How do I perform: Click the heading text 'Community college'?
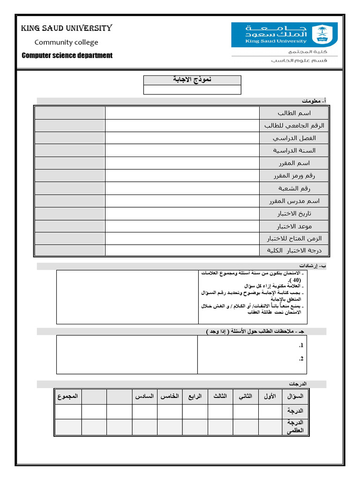[66, 42]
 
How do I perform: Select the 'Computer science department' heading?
[67, 55]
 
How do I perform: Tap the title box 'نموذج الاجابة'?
[192, 80]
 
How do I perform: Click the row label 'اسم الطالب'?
[294, 113]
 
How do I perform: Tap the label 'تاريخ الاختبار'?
[294, 214]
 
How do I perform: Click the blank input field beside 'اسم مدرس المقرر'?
[182, 201]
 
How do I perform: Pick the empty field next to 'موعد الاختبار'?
[182, 226]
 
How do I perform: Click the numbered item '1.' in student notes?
[301, 345]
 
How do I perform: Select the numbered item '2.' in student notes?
[301, 359]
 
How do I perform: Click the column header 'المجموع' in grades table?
[68, 397]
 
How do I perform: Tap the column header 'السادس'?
[144, 397]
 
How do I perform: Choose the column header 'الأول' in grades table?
[270, 397]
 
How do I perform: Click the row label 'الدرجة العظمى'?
[295, 427]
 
